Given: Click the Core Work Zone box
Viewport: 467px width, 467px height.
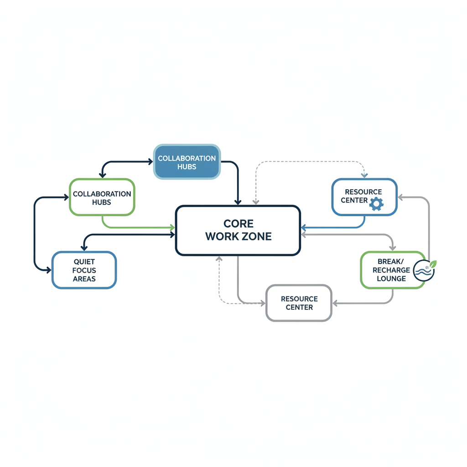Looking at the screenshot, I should click(x=238, y=230).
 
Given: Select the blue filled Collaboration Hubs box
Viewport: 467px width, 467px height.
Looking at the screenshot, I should click(x=187, y=162).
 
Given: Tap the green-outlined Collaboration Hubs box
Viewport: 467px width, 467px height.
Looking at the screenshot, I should click(x=102, y=197).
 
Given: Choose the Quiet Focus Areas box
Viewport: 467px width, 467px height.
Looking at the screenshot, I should click(x=84, y=270).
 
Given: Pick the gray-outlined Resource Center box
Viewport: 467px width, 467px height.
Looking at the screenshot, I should click(x=299, y=303).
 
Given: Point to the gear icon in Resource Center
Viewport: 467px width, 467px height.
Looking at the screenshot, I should click(x=376, y=203).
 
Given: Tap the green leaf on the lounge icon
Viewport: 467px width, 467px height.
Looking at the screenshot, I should click(x=432, y=264).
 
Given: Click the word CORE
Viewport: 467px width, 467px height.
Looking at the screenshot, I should click(x=238, y=224).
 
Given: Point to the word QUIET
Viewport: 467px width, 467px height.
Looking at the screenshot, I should click(x=84, y=262).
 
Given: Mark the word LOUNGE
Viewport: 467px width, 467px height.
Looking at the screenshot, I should click(x=391, y=278).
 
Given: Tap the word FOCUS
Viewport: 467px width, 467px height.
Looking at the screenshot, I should click(x=84, y=270).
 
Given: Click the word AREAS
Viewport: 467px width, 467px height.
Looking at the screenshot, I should click(x=84, y=278).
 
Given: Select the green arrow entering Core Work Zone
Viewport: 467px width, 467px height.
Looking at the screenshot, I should click(x=172, y=227).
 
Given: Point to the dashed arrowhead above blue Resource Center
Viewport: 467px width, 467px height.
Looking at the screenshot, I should click(x=364, y=175).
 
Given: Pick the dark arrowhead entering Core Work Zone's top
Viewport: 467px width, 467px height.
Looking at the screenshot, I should click(x=238, y=202).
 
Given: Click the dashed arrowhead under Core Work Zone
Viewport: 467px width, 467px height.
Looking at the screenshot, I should click(x=219, y=259).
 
